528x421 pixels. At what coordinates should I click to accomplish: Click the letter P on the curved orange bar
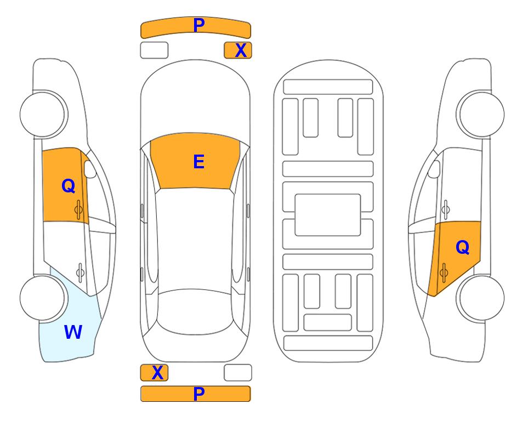point(199,25)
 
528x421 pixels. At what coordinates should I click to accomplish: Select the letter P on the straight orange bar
point(199,394)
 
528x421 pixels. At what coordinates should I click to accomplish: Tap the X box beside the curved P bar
point(238,50)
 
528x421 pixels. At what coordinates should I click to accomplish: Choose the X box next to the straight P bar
point(154,373)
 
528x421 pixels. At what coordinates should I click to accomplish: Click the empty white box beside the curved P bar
point(154,50)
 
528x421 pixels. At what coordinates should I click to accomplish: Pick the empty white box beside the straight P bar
point(238,373)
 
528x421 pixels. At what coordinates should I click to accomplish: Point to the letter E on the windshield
point(198,162)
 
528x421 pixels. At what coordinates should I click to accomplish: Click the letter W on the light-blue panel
point(73,332)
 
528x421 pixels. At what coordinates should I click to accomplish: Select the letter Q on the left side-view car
point(69,186)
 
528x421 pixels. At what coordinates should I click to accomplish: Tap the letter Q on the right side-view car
point(462,248)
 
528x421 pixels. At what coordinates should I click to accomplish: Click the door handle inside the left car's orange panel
point(78,209)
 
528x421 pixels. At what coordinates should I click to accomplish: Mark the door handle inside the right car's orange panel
point(444,273)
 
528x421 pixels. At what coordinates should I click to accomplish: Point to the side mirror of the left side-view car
point(89,169)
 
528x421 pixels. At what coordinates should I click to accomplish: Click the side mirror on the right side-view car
point(434,169)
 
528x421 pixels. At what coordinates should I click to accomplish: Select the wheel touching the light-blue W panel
point(43,298)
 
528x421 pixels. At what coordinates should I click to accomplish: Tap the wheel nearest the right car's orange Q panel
point(481,298)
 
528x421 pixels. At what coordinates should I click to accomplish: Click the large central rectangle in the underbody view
point(328,215)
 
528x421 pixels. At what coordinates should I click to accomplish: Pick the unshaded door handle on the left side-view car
point(80,272)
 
